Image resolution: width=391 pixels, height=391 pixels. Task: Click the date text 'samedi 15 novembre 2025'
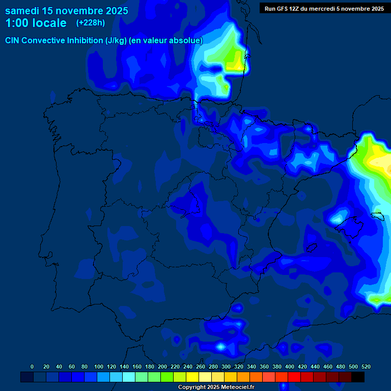(66, 11)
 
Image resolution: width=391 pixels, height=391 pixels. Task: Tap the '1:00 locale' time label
(36, 23)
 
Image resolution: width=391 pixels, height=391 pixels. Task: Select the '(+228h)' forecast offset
(91, 23)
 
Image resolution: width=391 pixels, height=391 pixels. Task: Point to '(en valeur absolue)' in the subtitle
(166, 41)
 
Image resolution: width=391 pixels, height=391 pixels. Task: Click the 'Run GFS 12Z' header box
(324, 9)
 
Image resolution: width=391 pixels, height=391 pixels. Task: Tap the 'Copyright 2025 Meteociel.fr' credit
(216, 387)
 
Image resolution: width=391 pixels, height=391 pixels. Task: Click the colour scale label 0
(32, 367)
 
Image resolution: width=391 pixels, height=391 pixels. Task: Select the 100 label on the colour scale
(99, 367)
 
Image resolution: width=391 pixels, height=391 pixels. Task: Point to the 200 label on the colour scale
(162, 367)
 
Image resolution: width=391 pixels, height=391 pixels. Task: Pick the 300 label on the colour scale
(226, 367)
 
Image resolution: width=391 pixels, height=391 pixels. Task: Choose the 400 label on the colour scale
(290, 367)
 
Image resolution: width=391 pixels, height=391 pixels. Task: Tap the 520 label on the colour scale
(366, 367)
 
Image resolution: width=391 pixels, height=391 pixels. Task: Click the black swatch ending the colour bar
(358, 377)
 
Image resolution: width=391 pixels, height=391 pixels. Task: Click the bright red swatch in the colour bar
(294, 377)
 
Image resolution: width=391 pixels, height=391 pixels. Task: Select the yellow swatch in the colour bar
(192, 377)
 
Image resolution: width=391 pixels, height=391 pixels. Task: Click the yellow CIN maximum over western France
(235, 64)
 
